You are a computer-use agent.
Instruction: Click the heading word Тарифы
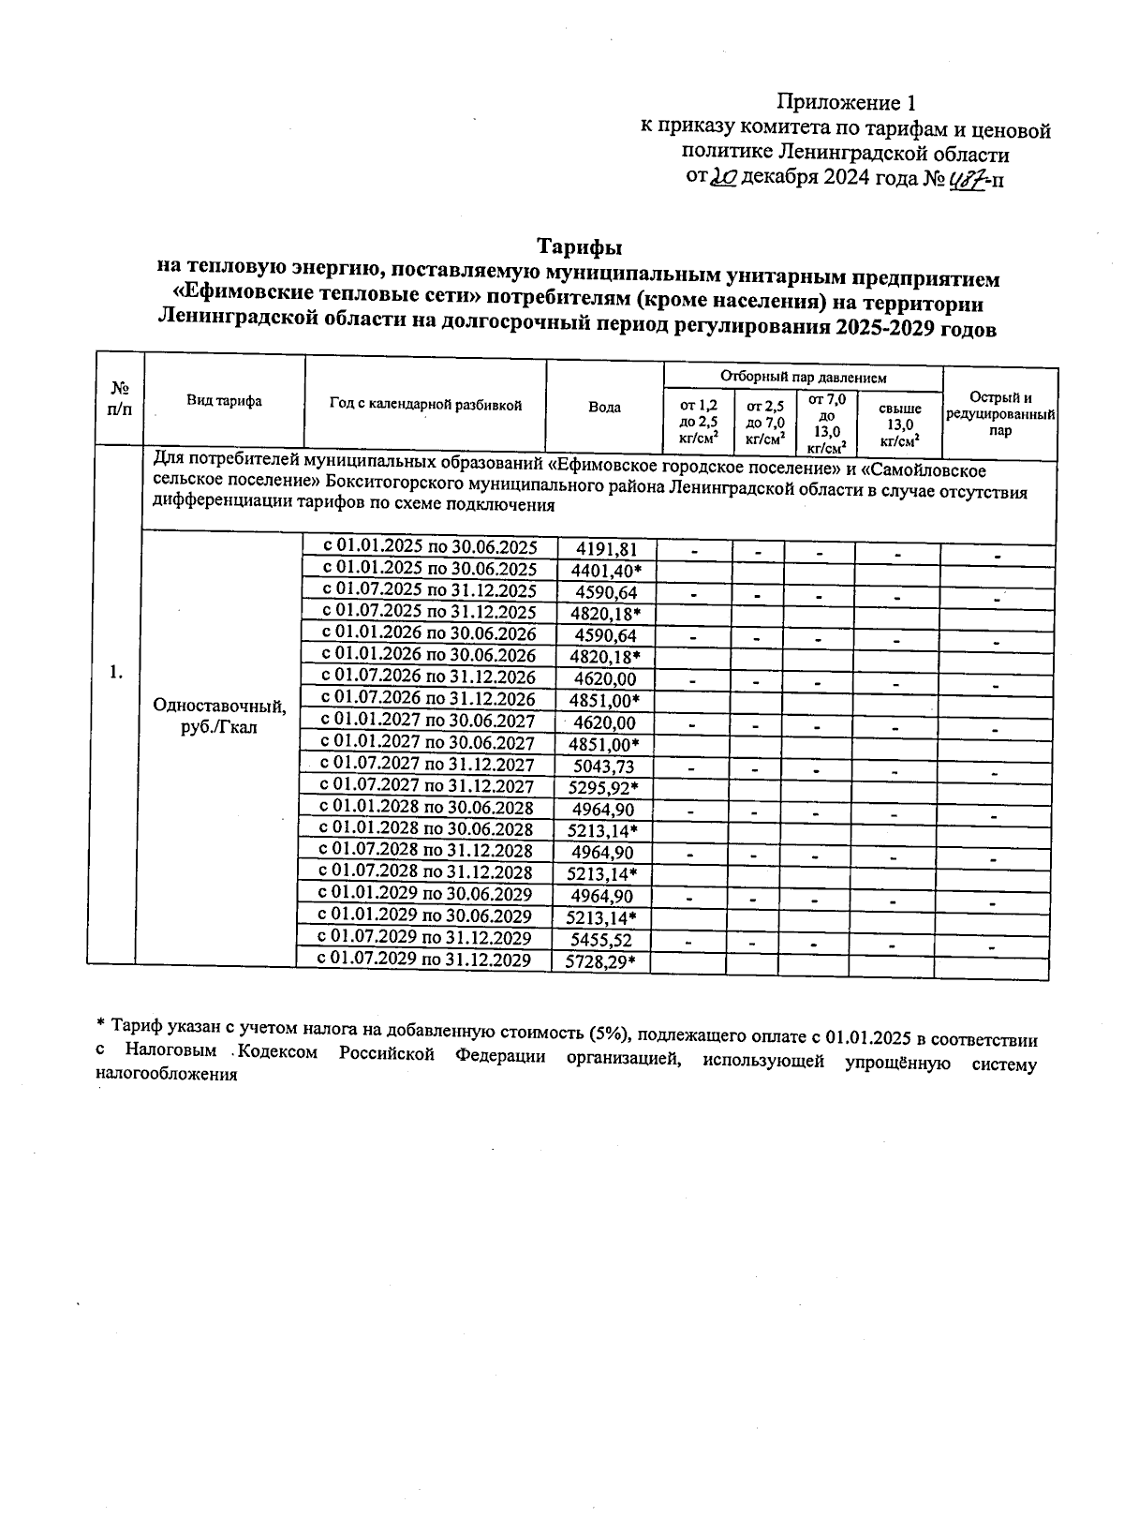click(x=580, y=247)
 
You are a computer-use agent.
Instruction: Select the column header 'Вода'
click(x=604, y=408)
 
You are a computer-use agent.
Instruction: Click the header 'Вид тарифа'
click(x=224, y=401)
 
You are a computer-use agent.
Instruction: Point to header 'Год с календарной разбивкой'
click(x=425, y=405)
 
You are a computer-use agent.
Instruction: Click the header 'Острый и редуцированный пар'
click(x=1000, y=413)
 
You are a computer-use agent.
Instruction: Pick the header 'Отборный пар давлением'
click(x=803, y=378)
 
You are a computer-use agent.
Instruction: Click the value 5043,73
click(x=603, y=767)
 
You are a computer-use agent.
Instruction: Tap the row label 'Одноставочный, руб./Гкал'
click(x=219, y=717)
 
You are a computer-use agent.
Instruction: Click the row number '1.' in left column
click(x=115, y=671)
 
